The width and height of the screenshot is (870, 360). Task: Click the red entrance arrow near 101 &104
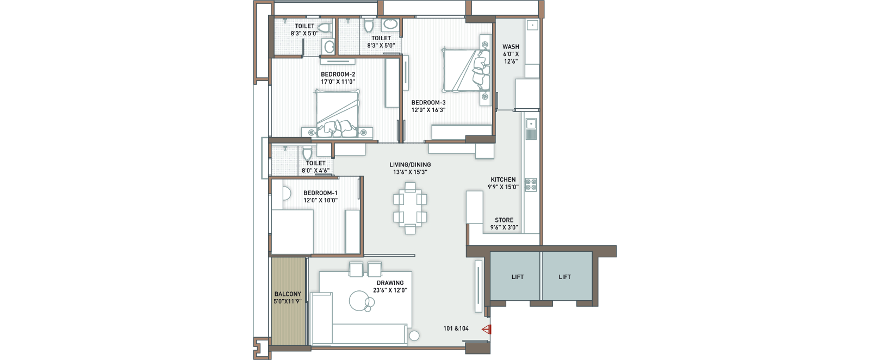487,330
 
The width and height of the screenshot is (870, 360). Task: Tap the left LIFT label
517,277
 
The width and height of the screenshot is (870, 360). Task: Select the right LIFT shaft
567,276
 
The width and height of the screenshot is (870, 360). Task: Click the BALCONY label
288,294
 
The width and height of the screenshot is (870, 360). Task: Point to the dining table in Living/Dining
410,208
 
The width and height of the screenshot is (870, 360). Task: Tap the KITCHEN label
503,179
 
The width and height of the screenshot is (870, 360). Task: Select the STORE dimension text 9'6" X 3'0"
504,227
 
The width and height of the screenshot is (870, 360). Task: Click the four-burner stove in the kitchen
531,184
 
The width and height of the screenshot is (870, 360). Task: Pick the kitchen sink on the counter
531,129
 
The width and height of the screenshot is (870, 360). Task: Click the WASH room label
511,47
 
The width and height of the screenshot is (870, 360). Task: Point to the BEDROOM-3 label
428,103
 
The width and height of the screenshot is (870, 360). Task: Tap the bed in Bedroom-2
337,114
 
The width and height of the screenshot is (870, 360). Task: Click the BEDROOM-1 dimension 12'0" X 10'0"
320,200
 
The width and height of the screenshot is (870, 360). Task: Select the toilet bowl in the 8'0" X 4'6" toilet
307,153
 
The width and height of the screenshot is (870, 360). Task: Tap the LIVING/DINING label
410,165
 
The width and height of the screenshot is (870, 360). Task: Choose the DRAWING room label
390,283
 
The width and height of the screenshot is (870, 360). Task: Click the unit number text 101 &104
456,328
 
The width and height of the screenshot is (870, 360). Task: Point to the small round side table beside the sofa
414,336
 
